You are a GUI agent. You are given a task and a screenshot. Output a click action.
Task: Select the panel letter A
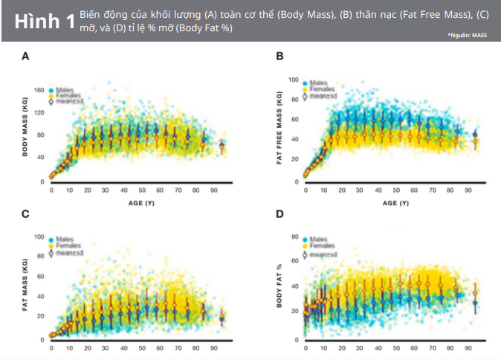point(25,56)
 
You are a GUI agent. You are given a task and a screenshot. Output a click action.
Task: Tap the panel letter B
point(279,56)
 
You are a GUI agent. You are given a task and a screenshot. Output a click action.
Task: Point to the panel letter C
point(25,214)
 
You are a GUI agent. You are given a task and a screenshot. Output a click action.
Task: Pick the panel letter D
point(279,214)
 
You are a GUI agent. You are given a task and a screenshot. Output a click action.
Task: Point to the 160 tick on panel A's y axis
point(39,90)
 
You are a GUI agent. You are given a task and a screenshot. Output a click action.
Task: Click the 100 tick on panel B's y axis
point(293,80)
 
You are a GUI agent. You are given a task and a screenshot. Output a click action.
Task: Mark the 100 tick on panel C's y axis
point(39,237)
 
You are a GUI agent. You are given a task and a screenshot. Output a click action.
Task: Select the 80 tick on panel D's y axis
point(294,237)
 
